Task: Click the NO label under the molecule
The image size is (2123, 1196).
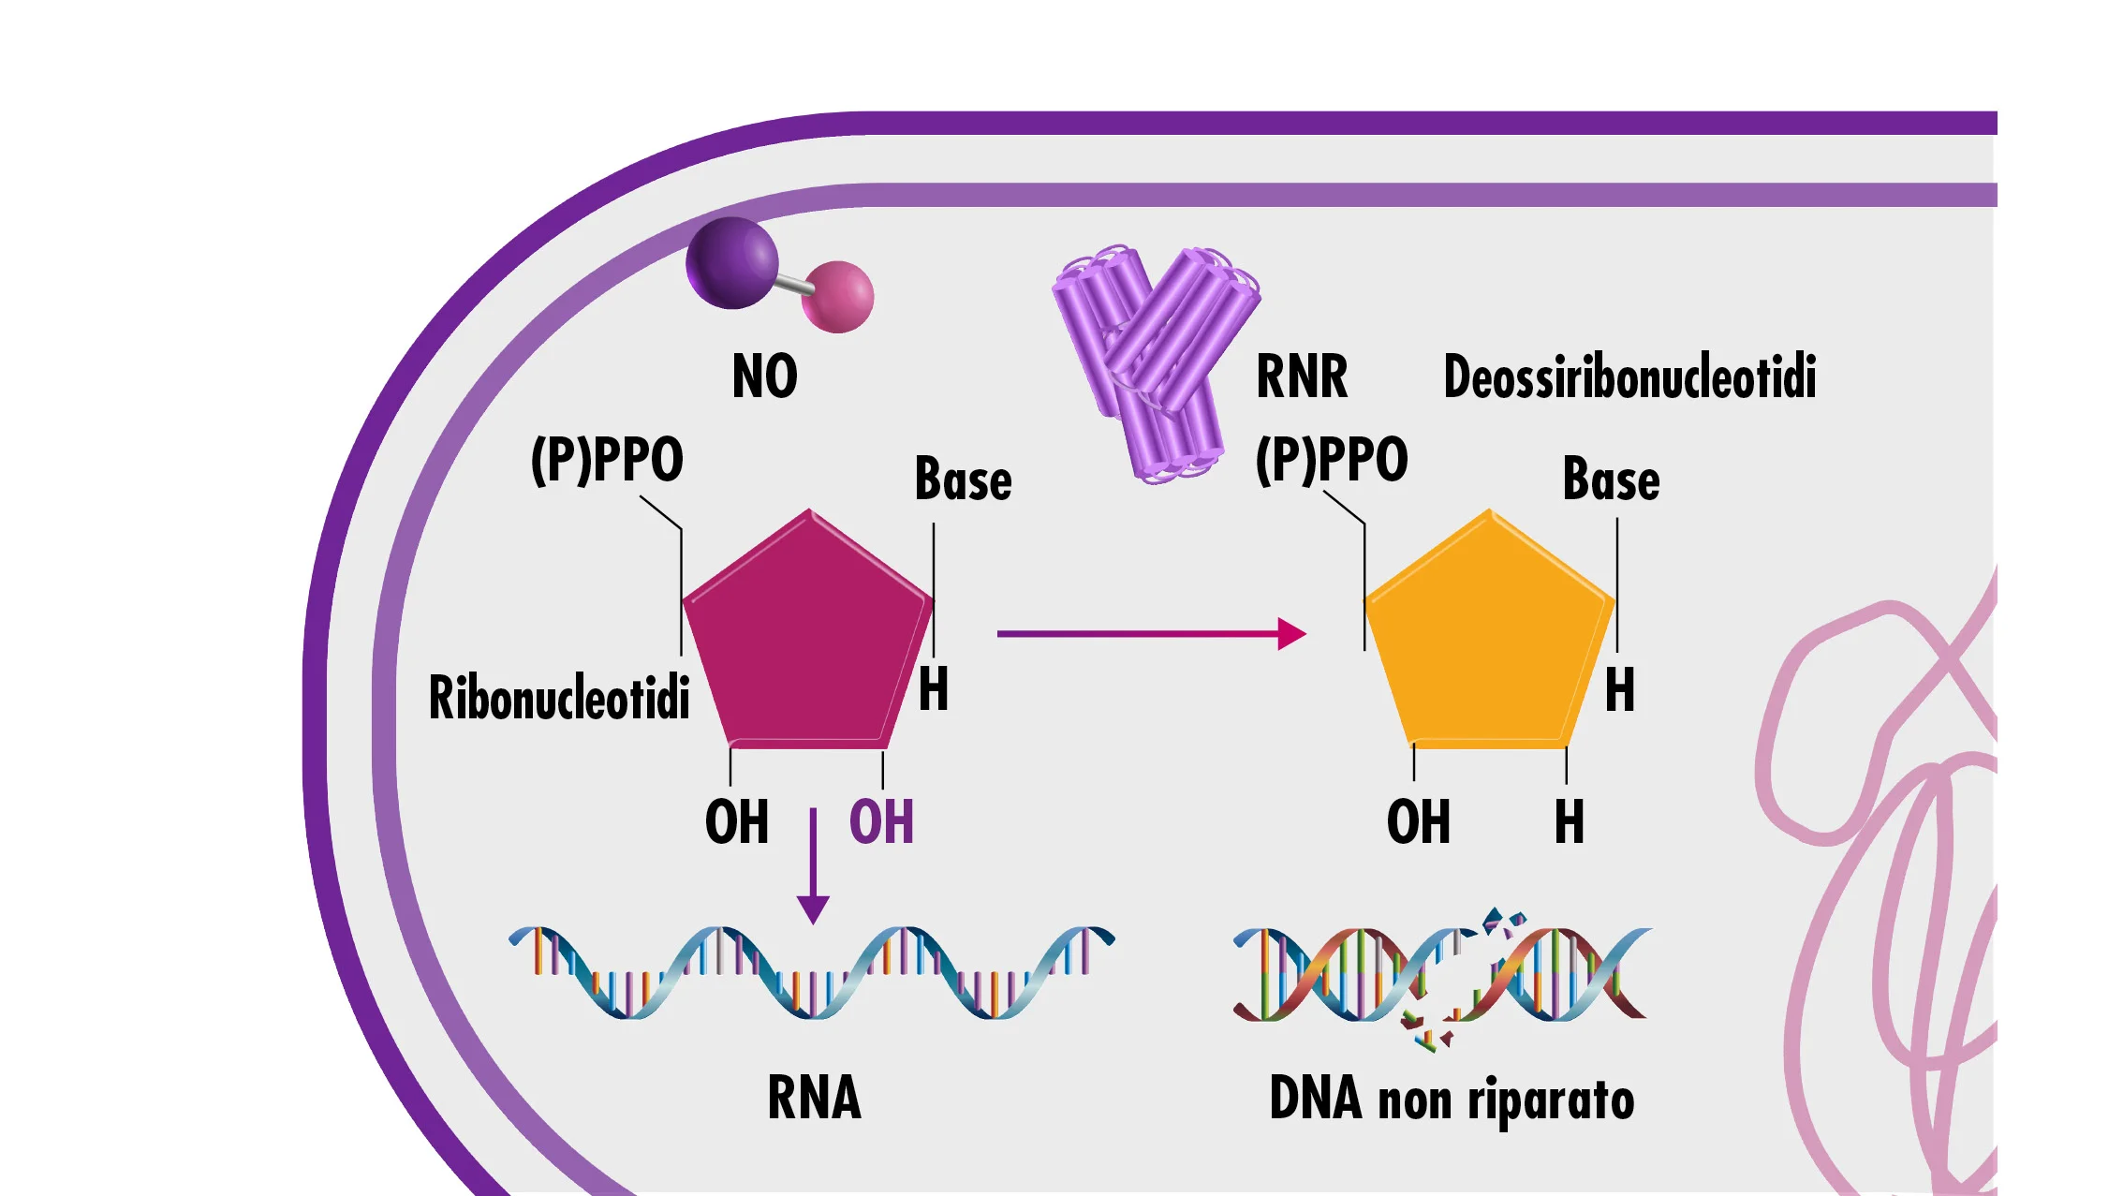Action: pyautogui.click(x=764, y=377)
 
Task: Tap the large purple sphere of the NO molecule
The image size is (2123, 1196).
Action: pyautogui.click(x=731, y=263)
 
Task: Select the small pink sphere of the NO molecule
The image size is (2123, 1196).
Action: pyautogui.click(x=838, y=296)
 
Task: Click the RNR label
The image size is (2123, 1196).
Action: pyautogui.click(x=1301, y=377)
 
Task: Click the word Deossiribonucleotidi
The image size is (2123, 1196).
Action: pyautogui.click(x=1629, y=377)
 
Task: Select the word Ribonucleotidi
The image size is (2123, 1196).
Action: pyautogui.click(x=559, y=698)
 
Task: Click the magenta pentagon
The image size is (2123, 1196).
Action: pyautogui.click(x=808, y=637)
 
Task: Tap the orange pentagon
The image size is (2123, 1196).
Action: pyautogui.click(x=1489, y=637)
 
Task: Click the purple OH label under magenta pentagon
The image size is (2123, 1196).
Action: pyautogui.click(x=880, y=822)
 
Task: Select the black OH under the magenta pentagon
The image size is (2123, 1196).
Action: pyautogui.click(x=736, y=822)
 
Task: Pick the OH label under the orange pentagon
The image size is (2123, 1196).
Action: pyautogui.click(x=1418, y=822)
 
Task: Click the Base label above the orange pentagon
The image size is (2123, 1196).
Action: pyautogui.click(x=1611, y=480)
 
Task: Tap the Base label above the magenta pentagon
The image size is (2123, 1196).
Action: pyautogui.click(x=963, y=480)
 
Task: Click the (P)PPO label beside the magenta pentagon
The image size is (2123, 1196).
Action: pyautogui.click(x=607, y=459)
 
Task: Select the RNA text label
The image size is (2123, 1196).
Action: pyautogui.click(x=814, y=1098)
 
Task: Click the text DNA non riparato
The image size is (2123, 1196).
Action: pyautogui.click(x=1452, y=1100)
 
